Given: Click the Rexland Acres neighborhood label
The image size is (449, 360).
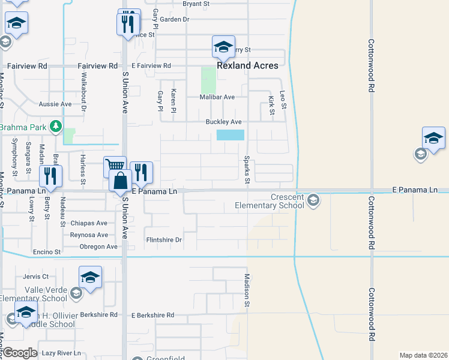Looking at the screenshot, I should pos(248,65).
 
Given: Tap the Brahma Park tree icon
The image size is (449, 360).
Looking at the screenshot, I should pos(56,127).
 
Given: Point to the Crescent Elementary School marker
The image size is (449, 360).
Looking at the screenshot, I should pos(313,200).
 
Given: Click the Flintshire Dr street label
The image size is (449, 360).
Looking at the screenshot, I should pos(164,240).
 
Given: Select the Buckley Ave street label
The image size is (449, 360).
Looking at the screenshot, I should pos(223,122).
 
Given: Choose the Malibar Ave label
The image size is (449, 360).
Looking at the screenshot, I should pos(217,97).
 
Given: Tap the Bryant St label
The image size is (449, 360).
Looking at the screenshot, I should pos(196,4).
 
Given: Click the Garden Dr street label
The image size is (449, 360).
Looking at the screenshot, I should pos(175,19).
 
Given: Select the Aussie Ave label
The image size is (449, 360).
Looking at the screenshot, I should pos(55,104).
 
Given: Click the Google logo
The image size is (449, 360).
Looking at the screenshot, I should pos(20,353).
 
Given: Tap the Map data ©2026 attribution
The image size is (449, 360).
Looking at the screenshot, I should pos(423,355).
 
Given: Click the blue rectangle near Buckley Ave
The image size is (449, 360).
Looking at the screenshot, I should pos(231,135).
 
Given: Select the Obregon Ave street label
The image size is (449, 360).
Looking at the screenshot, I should pos(95,247).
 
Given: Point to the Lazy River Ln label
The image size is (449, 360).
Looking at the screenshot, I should pos(61,353).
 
